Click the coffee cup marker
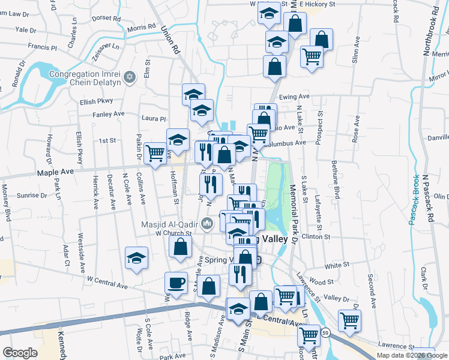[x=176, y=282]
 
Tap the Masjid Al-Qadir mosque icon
[x=208, y=224]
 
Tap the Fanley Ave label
[x=108, y=113]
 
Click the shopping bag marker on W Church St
[x=181, y=247]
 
